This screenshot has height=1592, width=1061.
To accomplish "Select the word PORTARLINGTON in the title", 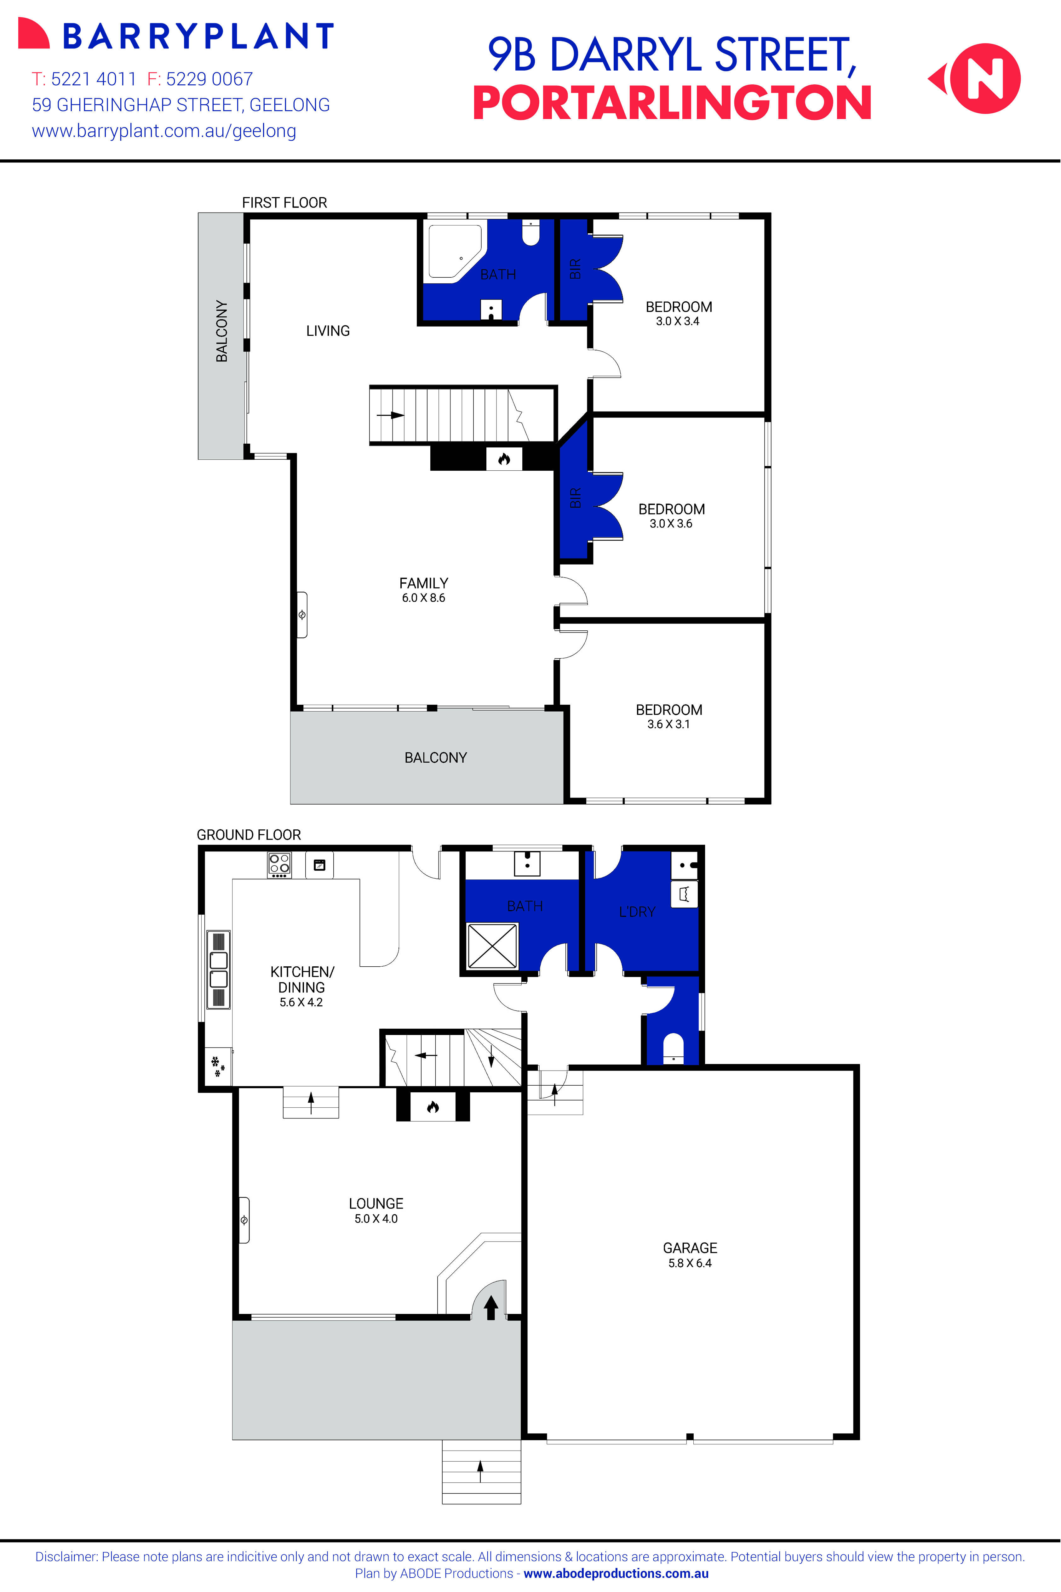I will [x=672, y=104].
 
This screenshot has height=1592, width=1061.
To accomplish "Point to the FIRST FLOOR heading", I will [x=284, y=203].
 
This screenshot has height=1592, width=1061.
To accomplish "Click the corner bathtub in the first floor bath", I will [x=453, y=250].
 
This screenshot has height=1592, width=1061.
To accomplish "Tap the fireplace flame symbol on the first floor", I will [x=503, y=459].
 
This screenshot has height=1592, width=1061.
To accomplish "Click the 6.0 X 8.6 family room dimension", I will [x=424, y=598].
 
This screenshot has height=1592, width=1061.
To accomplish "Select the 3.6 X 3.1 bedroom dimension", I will [x=668, y=724].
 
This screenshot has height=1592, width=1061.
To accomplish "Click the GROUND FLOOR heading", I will [x=248, y=834].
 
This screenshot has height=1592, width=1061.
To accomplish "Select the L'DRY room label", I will [x=637, y=912].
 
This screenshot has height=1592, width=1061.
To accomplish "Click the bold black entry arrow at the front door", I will [x=491, y=1307].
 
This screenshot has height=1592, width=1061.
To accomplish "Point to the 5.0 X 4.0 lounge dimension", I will [x=376, y=1219].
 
